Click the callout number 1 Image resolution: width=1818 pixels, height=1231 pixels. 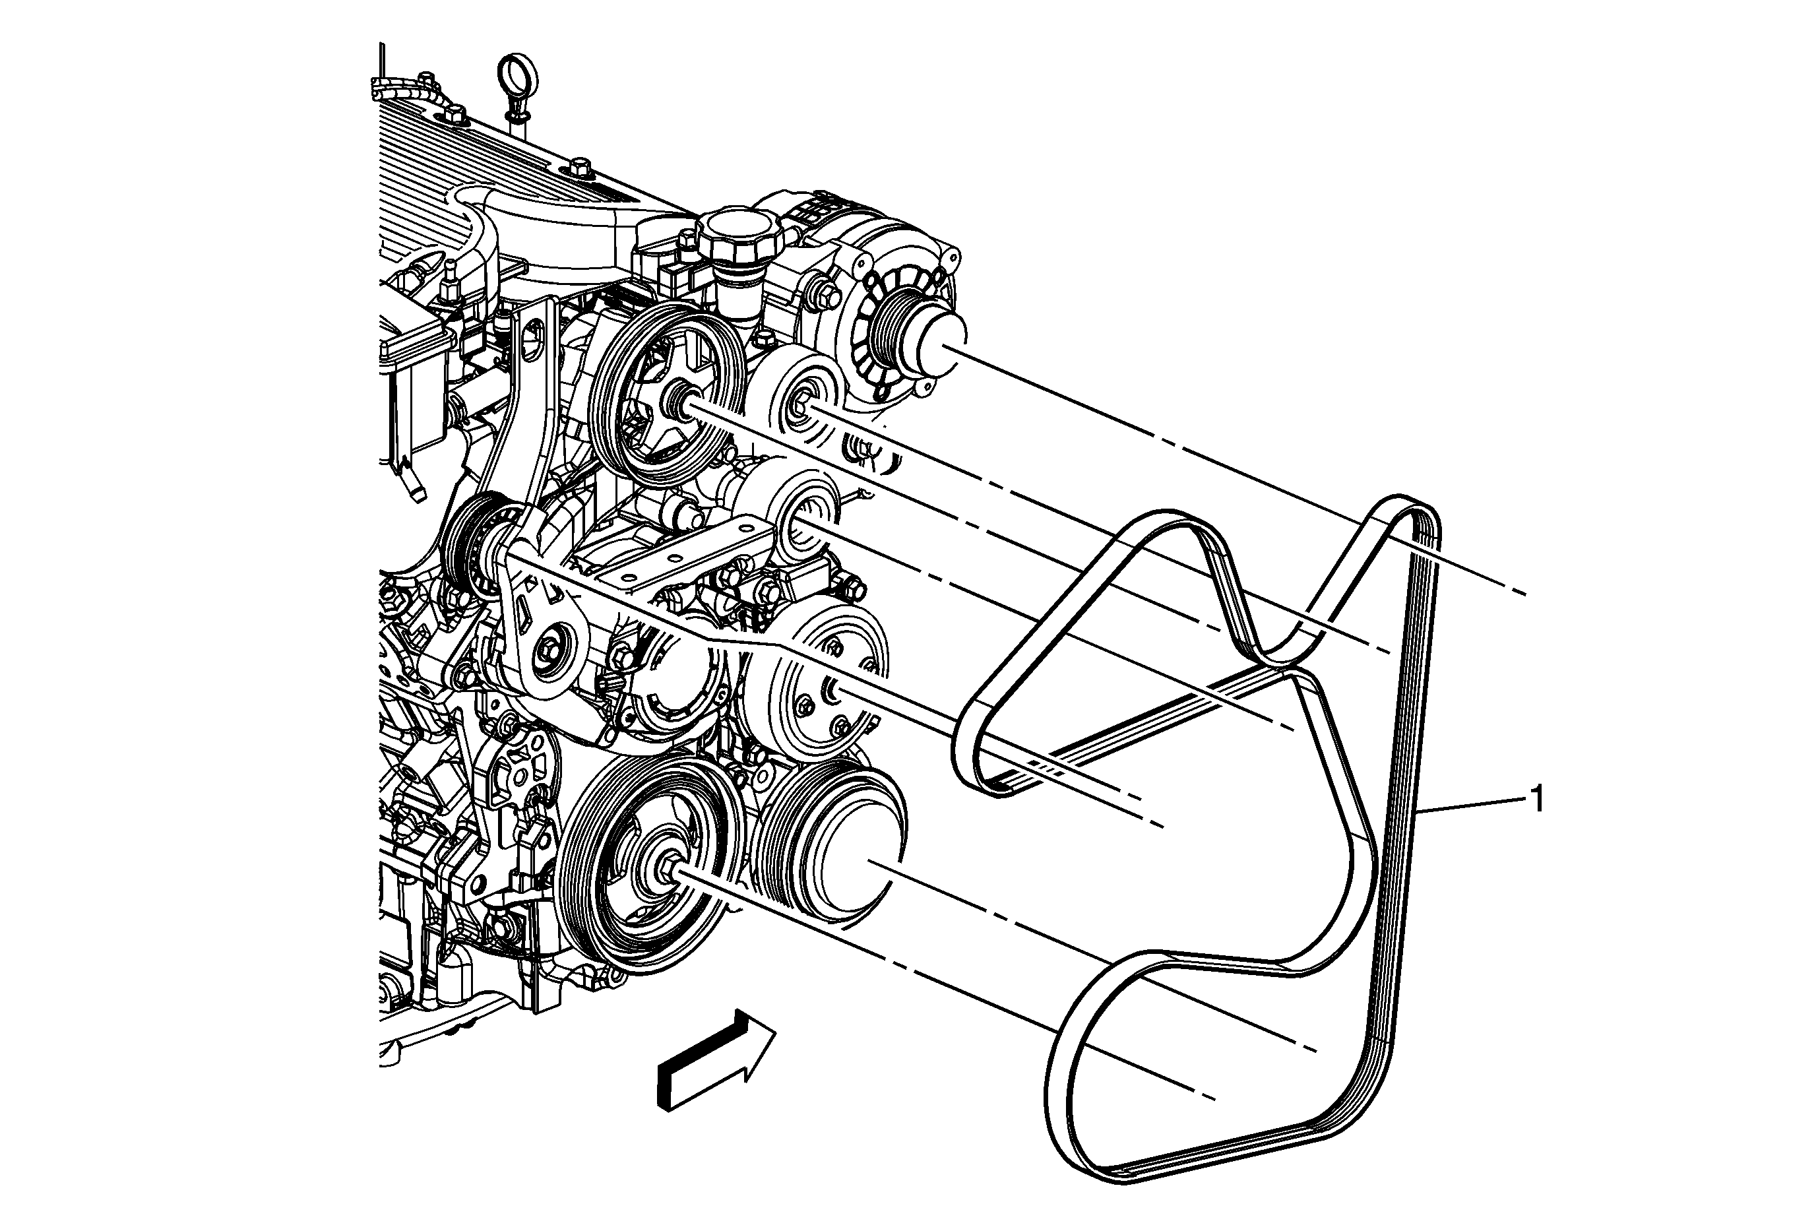1537,800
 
